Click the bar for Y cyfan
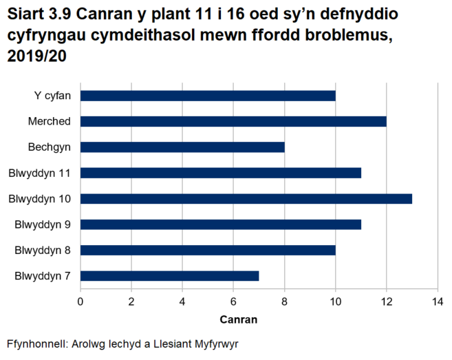[x=208, y=96]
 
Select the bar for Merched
[x=233, y=121]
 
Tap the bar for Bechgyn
[x=182, y=147]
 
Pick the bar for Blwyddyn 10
[x=246, y=199]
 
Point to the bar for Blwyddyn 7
[x=170, y=276]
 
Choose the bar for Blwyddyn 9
[x=221, y=224]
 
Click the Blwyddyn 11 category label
[x=40, y=173]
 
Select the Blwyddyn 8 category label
[x=43, y=250]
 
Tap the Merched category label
[x=49, y=121]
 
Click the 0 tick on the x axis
[x=80, y=301]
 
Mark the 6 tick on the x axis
[x=233, y=301]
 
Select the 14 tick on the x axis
[x=437, y=301]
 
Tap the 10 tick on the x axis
[x=335, y=301]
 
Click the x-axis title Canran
[x=239, y=319]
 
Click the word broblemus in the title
[x=348, y=36]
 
